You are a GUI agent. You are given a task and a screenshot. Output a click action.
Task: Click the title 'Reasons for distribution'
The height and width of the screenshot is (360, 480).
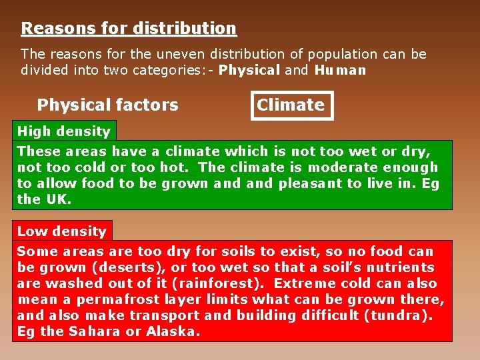[x=129, y=29]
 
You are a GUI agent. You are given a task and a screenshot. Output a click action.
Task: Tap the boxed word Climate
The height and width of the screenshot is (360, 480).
[x=291, y=105]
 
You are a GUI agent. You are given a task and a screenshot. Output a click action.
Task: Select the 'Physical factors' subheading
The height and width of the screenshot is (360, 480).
[x=108, y=105]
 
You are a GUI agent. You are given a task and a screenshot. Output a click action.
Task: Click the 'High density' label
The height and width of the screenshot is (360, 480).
[x=64, y=131]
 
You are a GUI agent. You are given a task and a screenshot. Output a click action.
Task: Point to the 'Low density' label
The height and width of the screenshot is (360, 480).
[x=62, y=231]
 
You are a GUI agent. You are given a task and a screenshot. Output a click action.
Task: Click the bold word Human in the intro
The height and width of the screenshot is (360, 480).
[x=341, y=70]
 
